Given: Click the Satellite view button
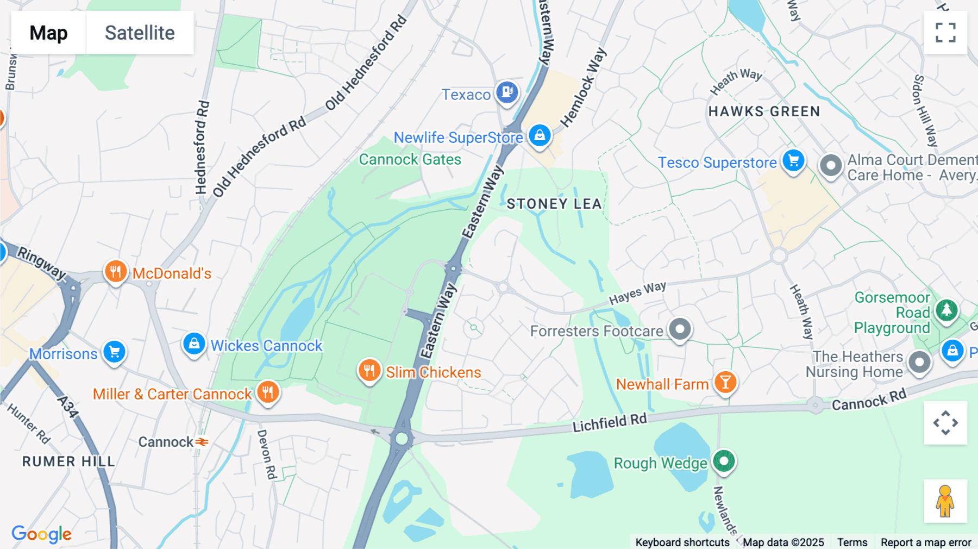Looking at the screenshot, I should point(140,33).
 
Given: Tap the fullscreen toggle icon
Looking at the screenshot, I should point(945,33).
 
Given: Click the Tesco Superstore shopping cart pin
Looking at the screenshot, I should point(793,161).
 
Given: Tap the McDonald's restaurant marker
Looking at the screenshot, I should point(115,271).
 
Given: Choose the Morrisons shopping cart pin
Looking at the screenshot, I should point(114,352).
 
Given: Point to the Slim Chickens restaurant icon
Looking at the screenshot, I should point(369,371).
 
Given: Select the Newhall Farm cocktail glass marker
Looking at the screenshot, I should point(725,383).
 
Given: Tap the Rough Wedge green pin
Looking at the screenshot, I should point(724,461).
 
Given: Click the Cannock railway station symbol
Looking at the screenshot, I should point(202,442).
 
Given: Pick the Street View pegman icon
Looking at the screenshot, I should point(945,501).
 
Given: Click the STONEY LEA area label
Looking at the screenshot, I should point(554,204).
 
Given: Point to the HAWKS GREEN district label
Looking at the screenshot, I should point(764,111).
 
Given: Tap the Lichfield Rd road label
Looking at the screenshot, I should point(610,422).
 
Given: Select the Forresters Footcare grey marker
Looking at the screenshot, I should point(680,329).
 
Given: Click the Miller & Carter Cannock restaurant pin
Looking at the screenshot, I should point(267,391).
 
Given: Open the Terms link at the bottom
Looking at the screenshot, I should point(852,542).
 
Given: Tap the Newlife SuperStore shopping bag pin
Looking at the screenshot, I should point(540,135).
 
